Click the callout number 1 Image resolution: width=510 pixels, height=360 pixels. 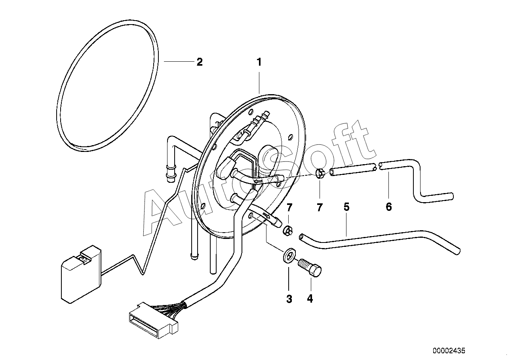coord(259,62)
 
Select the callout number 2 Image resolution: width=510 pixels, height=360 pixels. coord(200,62)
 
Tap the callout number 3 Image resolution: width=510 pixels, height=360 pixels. coord(289,299)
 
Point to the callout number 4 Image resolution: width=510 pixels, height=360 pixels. coord(310,298)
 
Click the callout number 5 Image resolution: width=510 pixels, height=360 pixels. coord(346,207)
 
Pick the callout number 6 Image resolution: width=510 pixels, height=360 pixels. coord(389,207)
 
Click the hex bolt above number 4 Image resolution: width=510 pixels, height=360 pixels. coord(310,268)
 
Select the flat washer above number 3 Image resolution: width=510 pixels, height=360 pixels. coord(289,256)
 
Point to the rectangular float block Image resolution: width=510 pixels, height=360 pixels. coord(81,274)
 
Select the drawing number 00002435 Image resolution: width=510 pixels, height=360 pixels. coord(449,351)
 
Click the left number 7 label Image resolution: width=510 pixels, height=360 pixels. coord(289,207)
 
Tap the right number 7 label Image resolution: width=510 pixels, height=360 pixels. coord(320,207)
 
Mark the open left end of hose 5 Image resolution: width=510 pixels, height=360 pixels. coord(301,237)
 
